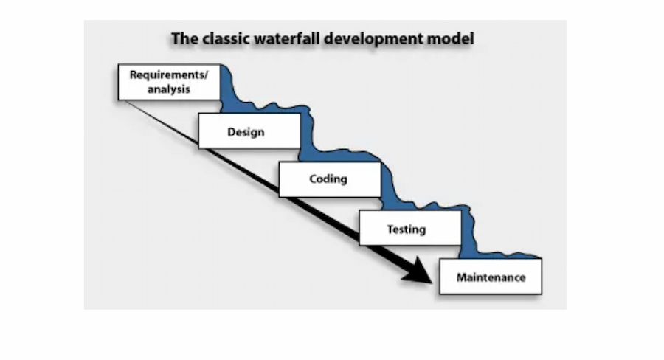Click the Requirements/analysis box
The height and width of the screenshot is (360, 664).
coord(169,82)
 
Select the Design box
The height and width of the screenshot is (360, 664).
coord(249,131)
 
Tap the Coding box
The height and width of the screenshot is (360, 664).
coord(329,179)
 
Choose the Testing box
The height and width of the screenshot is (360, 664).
coord(407,229)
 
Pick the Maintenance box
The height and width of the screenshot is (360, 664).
coord(491,277)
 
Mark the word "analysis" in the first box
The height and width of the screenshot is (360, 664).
coord(169,89)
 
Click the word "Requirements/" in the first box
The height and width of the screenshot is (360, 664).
coord(169,75)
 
